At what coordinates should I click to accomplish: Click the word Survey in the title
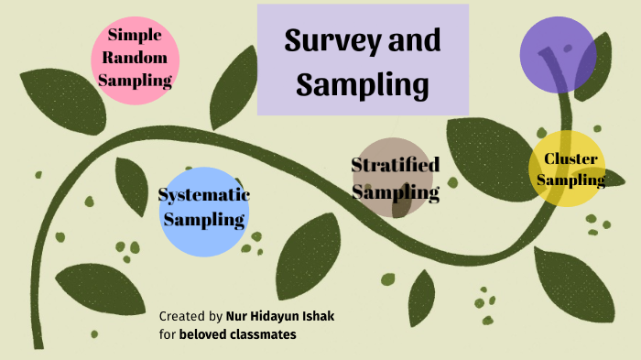(x=321, y=41)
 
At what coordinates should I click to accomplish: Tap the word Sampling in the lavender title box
(x=363, y=84)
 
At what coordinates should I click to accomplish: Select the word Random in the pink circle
(x=135, y=58)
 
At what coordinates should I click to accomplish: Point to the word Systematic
(x=203, y=195)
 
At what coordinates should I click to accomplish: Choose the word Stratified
(x=396, y=165)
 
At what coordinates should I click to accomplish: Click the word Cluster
(x=570, y=159)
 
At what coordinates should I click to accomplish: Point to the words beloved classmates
(x=237, y=334)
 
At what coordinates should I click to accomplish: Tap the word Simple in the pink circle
(x=135, y=36)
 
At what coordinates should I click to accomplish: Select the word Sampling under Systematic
(x=203, y=220)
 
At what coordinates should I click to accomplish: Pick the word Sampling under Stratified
(x=395, y=192)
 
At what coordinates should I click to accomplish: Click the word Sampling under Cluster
(x=570, y=180)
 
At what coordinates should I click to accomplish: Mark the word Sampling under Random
(x=135, y=81)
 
